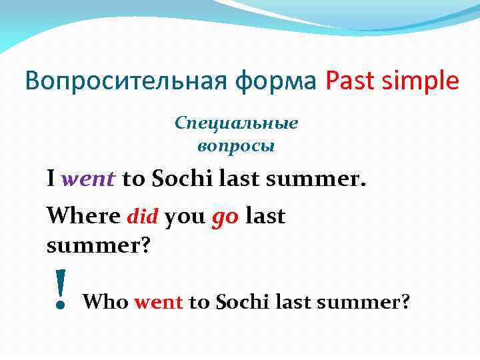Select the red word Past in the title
[349, 81]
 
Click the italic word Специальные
[237, 123]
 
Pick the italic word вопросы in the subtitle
[237, 145]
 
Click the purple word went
[88, 179]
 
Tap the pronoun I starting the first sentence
[51, 179]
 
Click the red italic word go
[225, 218]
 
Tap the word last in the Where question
[265, 216]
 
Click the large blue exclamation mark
[61, 289]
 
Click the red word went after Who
[158, 303]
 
